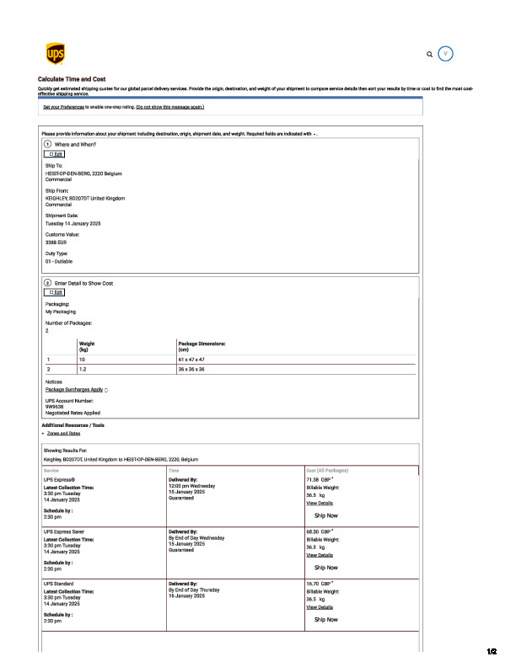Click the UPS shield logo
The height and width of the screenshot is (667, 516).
[x=54, y=54]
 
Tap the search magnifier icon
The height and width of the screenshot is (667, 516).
[x=430, y=54]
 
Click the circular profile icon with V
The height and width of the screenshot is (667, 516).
[x=446, y=53]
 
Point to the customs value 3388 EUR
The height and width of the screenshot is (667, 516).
[x=56, y=242]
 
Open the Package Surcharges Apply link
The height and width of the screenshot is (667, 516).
[x=74, y=389]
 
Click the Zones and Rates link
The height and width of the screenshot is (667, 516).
[x=64, y=433]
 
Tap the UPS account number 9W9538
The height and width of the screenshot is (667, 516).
[x=56, y=407]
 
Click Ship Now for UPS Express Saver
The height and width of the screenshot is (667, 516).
[x=325, y=567]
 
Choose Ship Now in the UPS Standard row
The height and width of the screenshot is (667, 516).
[x=325, y=619]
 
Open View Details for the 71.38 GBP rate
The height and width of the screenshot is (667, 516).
[x=320, y=503]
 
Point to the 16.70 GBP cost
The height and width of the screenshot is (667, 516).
[x=319, y=583]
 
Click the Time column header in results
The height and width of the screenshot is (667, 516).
[x=175, y=470]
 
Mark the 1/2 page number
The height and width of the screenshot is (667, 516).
[x=492, y=651]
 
